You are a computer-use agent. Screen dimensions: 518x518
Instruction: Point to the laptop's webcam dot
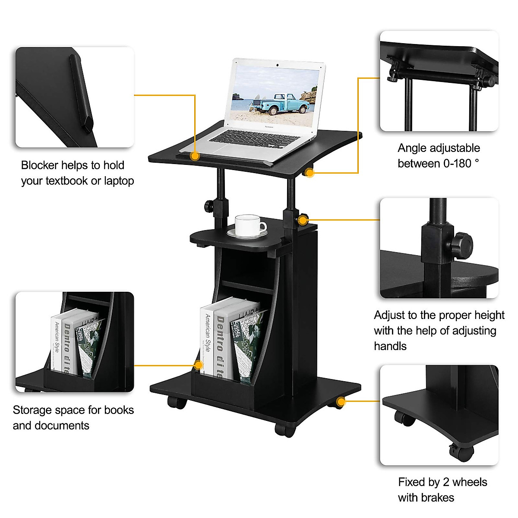278,65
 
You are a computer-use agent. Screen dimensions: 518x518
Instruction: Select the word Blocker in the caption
40,165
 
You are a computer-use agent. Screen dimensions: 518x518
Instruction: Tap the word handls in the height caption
390,346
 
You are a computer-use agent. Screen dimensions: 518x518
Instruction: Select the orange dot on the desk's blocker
195,156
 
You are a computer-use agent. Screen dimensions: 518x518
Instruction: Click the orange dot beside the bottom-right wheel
341,402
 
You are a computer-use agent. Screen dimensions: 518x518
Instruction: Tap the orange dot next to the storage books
199,365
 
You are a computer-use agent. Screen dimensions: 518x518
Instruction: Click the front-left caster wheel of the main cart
177,403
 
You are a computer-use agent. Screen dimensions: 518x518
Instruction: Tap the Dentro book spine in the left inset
68,345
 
